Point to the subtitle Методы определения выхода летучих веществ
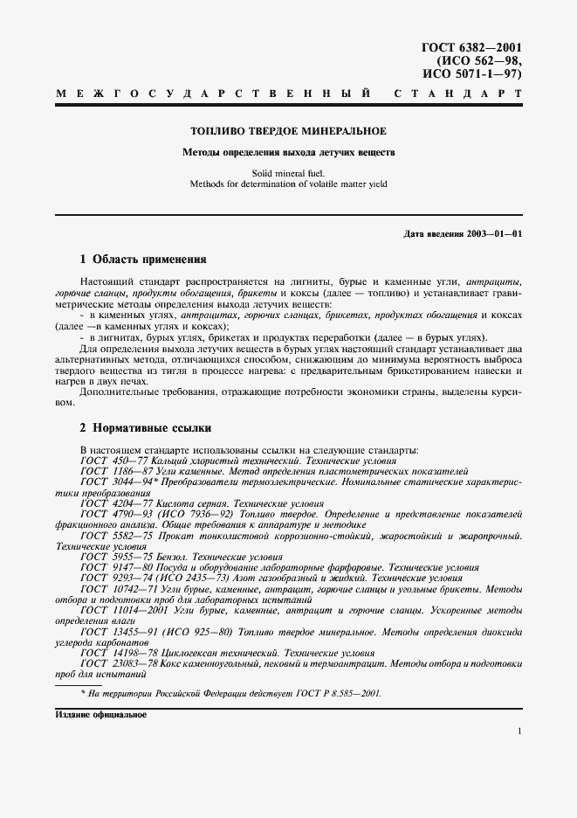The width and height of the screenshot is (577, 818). [x=288, y=151]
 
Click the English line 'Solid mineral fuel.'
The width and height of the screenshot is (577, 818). [x=288, y=173]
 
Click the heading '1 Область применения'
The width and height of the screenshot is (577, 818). [x=143, y=260]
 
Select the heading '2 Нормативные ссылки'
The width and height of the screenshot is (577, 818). [x=145, y=428]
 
